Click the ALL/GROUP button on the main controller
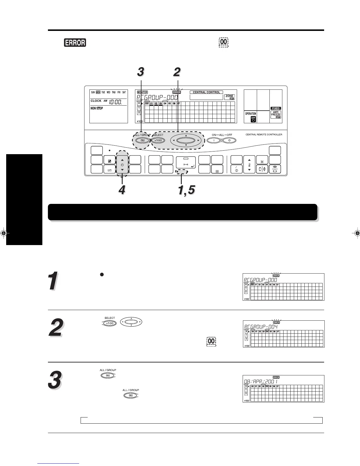(143, 140)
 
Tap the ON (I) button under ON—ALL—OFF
(214, 140)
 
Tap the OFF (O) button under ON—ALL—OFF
(229, 140)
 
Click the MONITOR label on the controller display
(142, 92)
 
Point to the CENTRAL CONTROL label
(206, 92)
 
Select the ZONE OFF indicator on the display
(229, 97)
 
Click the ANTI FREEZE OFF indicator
(276, 115)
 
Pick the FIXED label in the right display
(276, 108)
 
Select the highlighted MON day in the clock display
(98, 92)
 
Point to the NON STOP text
(97, 108)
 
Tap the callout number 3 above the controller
(141, 71)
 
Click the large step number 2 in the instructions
(56, 329)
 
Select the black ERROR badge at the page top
(75, 42)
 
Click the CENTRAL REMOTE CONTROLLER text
(264, 134)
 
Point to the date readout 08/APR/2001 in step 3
(261, 382)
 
